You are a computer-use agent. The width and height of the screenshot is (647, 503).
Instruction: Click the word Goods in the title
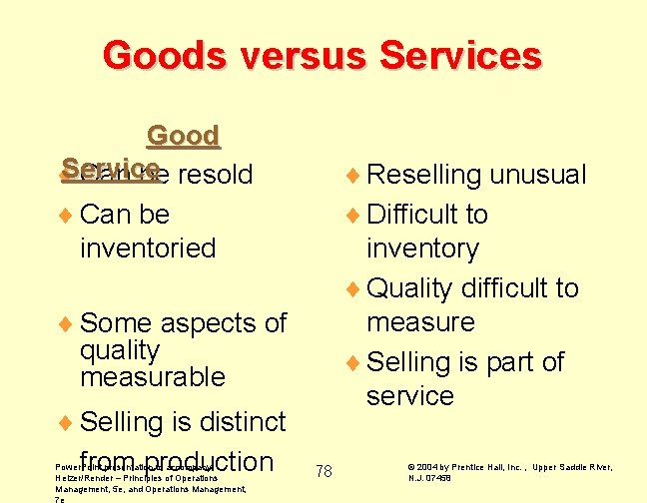(161, 55)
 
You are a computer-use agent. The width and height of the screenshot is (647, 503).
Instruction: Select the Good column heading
(183, 136)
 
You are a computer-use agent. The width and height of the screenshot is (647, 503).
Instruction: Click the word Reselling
(424, 175)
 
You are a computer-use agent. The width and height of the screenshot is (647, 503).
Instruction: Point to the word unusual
(537, 175)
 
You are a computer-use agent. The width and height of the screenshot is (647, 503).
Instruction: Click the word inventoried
(148, 248)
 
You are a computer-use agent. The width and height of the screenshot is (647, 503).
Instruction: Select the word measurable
(152, 377)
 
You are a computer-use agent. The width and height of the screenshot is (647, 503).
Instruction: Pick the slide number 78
(323, 470)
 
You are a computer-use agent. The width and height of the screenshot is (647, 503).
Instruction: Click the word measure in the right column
(420, 322)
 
